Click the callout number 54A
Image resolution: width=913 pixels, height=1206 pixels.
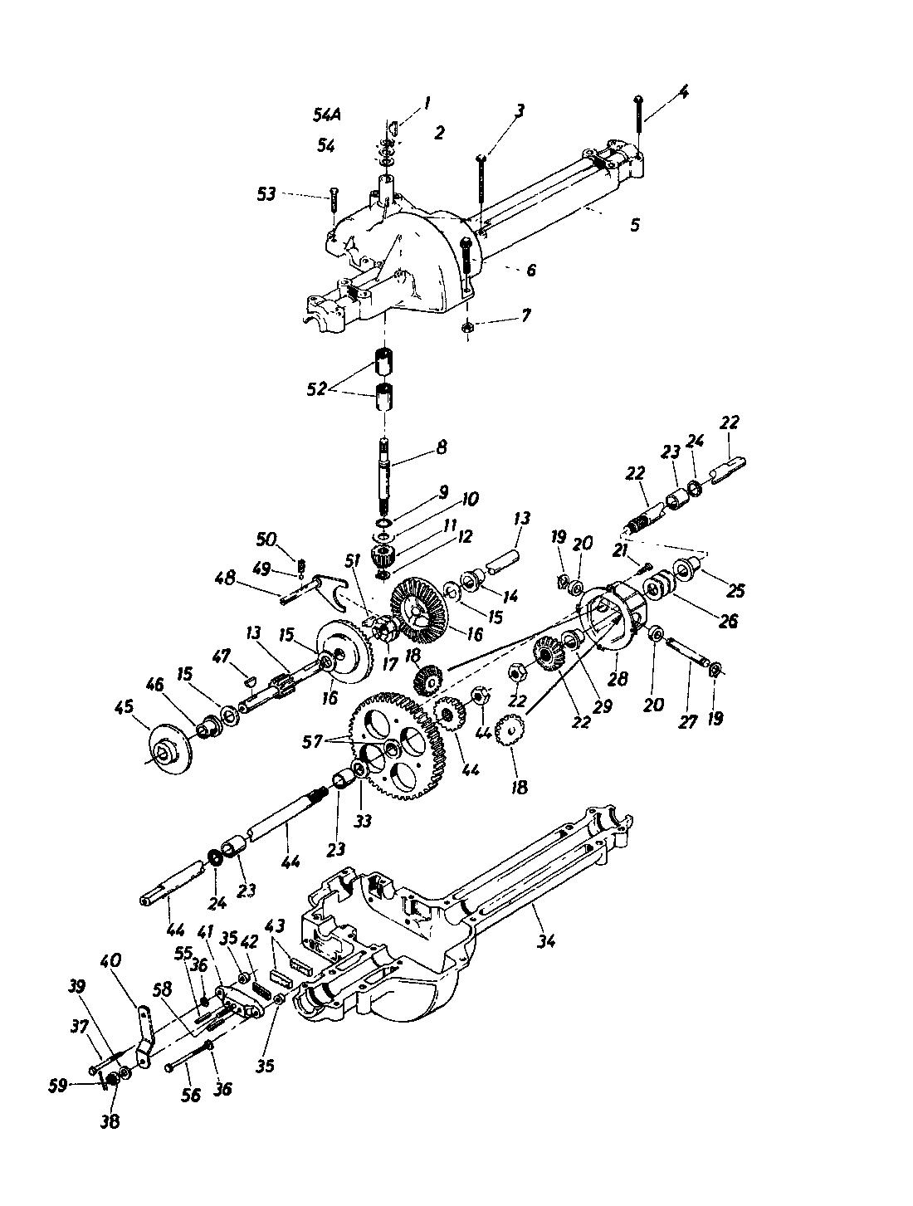tap(330, 115)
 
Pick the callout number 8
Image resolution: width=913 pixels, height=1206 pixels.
tap(441, 447)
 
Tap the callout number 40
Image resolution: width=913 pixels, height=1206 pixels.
tap(110, 961)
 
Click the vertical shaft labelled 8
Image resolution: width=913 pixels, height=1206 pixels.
tap(387, 476)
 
